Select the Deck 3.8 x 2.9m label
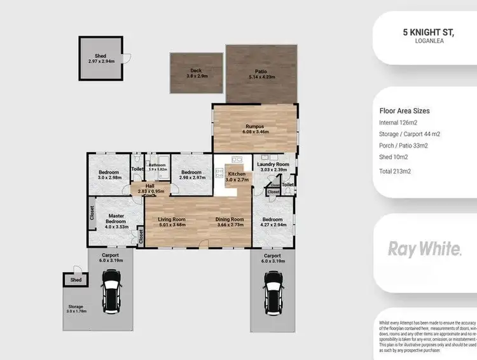click(197, 73)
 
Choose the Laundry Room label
click(273, 167)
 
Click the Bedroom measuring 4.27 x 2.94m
click(274, 222)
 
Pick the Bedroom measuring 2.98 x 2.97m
click(191, 175)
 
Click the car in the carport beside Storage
click(111, 292)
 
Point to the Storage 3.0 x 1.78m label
click(76, 308)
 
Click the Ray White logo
click(425, 249)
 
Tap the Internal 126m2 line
click(398, 122)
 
